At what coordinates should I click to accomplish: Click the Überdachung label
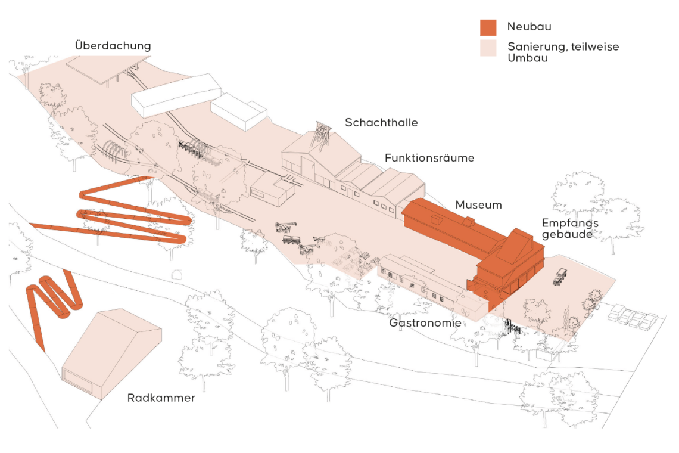[113, 45]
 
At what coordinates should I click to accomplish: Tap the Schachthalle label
[381, 123]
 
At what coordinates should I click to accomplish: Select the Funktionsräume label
[429, 158]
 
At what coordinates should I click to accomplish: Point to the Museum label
[478, 205]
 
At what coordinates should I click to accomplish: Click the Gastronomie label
[425, 323]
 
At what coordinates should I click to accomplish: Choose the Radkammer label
[161, 398]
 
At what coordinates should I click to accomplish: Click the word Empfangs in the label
[570, 224]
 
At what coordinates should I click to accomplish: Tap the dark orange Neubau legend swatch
[488, 27]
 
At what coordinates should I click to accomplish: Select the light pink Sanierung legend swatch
[488, 48]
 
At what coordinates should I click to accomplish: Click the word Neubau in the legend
[529, 27]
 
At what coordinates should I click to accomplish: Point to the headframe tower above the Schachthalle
[321, 136]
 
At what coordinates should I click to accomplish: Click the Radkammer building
[112, 353]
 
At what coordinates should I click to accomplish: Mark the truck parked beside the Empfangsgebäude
[560, 277]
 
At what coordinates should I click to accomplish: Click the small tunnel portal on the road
[177, 275]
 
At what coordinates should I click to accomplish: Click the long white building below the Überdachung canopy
[176, 95]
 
